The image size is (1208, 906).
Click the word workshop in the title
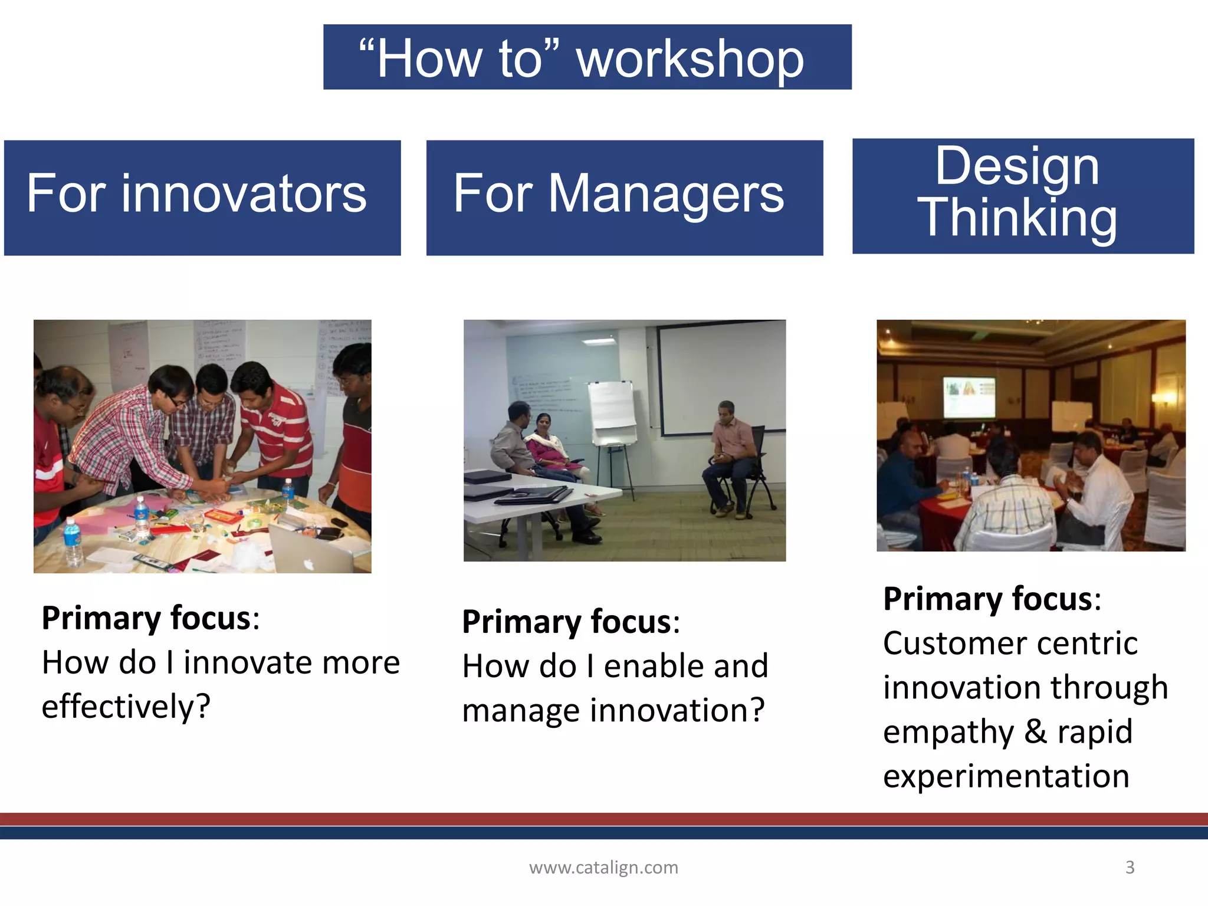click(690, 59)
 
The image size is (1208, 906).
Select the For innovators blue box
click(202, 198)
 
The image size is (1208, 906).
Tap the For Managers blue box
click(624, 198)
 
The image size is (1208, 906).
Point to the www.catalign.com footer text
click(603, 867)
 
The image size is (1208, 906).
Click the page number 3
click(1130, 867)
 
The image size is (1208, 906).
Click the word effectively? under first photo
click(126, 707)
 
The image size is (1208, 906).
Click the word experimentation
click(1006, 776)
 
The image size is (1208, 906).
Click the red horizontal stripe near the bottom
click(603, 819)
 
